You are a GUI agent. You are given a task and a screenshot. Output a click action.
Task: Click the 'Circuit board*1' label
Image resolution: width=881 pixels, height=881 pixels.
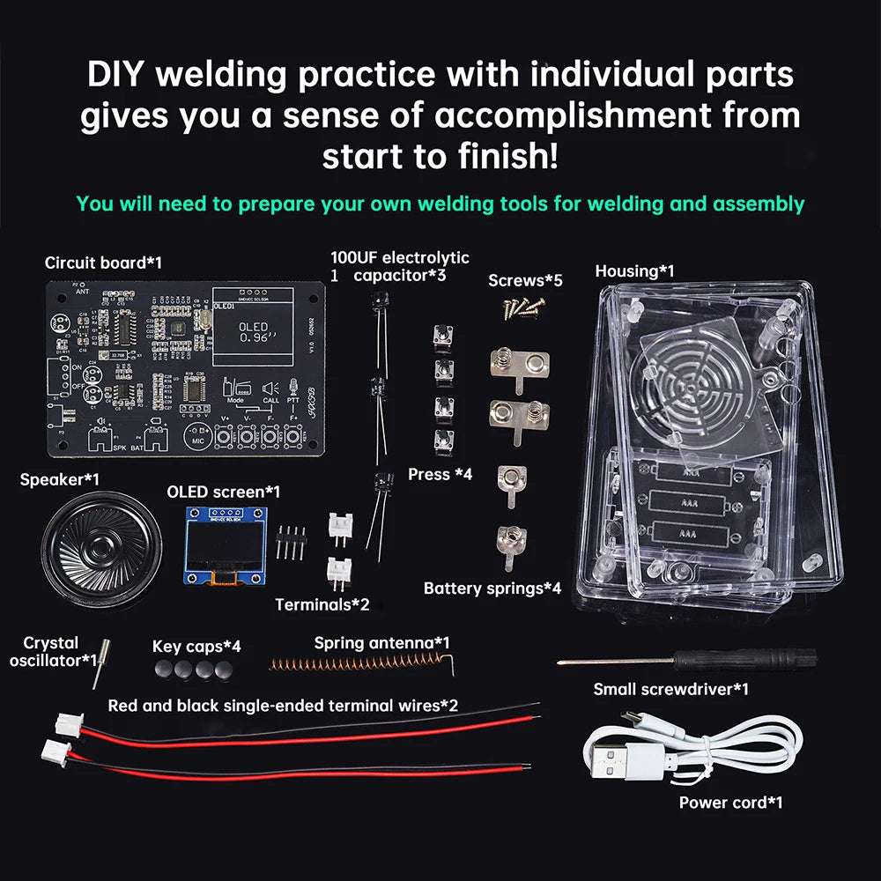[x=103, y=263]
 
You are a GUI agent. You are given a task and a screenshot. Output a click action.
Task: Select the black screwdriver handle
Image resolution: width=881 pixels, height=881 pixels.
[x=781, y=659]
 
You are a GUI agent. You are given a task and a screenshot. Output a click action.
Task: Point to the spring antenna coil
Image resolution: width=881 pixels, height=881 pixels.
[x=361, y=663]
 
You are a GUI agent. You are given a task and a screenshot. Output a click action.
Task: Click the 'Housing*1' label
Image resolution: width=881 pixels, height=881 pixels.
[x=634, y=271]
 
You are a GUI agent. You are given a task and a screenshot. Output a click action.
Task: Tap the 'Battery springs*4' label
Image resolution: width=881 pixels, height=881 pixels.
[x=492, y=588]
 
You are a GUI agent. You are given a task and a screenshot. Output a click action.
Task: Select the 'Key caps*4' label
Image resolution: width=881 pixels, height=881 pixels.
[x=196, y=647]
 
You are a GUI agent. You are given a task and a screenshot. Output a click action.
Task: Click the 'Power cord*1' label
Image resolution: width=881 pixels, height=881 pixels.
[x=730, y=803]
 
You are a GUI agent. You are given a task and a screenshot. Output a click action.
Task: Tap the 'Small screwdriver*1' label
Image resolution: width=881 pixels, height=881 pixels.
[x=670, y=689]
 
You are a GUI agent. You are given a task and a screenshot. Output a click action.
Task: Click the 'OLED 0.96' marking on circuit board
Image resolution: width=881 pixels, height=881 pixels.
[x=254, y=332]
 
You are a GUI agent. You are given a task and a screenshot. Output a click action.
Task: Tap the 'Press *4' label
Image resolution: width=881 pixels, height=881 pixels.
[x=440, y=474]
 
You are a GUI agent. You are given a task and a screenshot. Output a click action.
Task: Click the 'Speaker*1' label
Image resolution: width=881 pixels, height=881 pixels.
[x=59, y=479]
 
